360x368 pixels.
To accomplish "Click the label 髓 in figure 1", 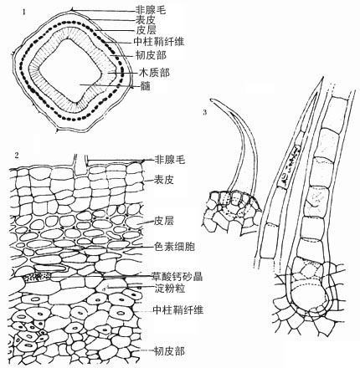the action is click(x=146, y=86).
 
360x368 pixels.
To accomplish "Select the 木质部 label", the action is click(x=154, y=73).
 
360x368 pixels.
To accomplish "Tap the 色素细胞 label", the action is click(x=174, y=247).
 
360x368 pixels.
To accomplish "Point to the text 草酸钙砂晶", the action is click(x=177, y=276).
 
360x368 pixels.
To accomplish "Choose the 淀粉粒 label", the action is click(x=170, y=289).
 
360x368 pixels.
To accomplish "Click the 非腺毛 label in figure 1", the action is click(x=151, y=10).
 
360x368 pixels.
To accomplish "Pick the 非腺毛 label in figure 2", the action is click(x=170, y=160).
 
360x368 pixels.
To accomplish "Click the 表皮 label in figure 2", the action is click(x=164, y=180).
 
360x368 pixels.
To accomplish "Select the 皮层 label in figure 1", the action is click(x=147, y=30).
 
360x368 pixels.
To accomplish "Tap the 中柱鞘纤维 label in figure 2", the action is click(x=178, y=309).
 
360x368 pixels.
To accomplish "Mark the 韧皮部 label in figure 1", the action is click(x=151, y=55).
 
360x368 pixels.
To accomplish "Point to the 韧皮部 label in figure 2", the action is click(x=169, y=351).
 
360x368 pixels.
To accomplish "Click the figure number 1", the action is click(x=24, y=12).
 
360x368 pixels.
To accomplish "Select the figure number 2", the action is click(x=17, y=156).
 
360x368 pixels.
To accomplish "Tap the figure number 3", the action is click(x=205, y=112).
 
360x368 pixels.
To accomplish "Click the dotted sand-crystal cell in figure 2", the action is click(x=38, y=277).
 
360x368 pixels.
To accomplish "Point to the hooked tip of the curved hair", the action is click(x=212, y=100).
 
